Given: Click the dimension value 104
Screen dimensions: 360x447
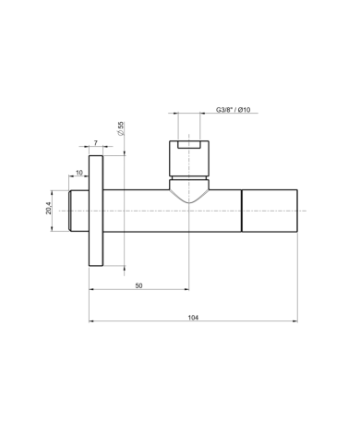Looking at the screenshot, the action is pos(193,318).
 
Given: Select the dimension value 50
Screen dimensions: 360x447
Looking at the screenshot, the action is pos(138,285).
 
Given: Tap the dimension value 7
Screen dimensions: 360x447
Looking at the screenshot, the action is pos(96,143).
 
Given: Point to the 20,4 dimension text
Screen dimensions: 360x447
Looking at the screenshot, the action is pos(49,208).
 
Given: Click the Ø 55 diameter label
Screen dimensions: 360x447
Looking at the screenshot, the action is pos(120,128).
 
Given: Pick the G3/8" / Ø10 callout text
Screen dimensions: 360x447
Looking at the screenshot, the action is pos(233,110).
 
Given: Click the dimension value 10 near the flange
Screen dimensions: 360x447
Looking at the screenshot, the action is pos(79,173).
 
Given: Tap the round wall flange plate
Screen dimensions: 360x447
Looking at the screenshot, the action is pos(96,211).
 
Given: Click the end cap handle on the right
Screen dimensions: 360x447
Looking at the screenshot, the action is pos(270,211).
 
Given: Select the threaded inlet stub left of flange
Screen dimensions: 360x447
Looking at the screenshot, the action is pos(78,211).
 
